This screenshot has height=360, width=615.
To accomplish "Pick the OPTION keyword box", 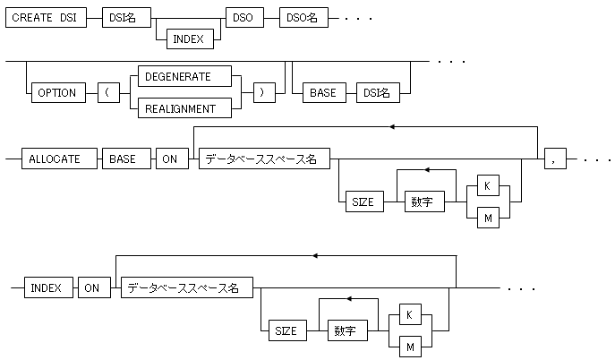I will (x=56, y=92).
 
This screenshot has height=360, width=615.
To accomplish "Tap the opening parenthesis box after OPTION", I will (x=109, y=92).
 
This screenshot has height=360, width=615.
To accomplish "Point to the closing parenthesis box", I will (x=263, y=92).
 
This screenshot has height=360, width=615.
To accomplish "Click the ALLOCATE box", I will (x=53, y=159).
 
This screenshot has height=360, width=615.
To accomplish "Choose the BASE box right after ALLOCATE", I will (x=122, y=159).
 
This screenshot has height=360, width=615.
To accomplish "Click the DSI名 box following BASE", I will (x=377, y=92).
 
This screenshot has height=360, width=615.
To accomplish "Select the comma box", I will (x=556, y=159).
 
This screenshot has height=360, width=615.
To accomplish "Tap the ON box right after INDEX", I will (x=90, y=287).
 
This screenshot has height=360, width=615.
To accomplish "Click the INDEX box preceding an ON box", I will (x=46, y=287).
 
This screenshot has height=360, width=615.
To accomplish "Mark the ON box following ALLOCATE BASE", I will (x=169, y=159).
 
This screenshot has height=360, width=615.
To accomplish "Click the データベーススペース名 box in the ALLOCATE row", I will (x=263, y=159).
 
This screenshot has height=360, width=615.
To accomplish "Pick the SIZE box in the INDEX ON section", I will (x=286, y=330).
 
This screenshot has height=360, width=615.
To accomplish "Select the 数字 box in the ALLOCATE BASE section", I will (x=425, y=201).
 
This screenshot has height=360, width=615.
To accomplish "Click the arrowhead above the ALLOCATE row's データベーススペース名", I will (x=392, y=125).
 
